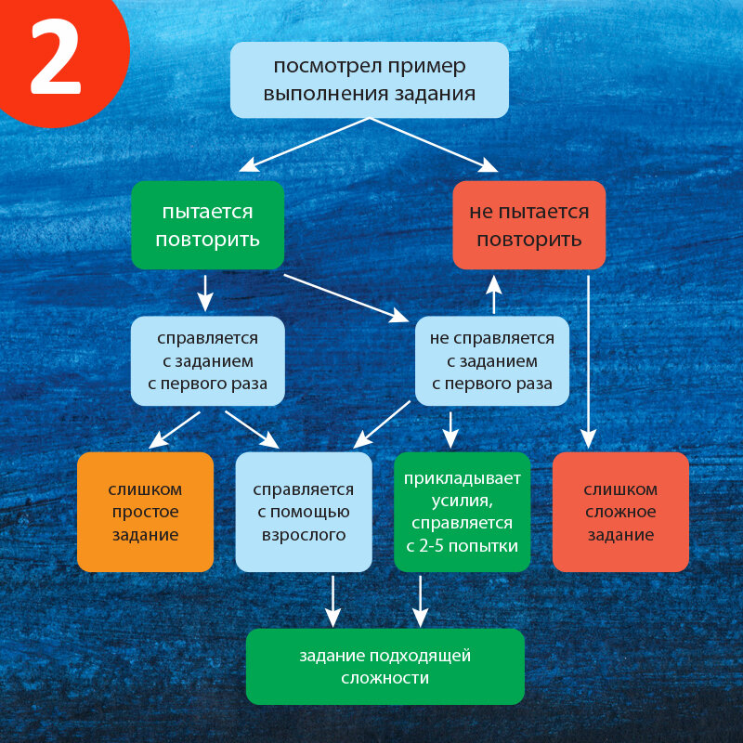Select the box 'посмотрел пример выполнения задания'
tap(369, 80)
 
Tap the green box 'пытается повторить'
tap(207, 225)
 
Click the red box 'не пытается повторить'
tap(528, 225)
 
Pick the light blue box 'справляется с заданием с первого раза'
tap(207, 360)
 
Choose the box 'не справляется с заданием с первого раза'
tap(491, 360)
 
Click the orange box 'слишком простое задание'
tap(145, 512)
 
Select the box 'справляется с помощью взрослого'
tap(303, 512)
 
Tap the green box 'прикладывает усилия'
tap(462, 512)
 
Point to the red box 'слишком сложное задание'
tap(620, 512)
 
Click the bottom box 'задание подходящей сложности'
tap(385, 666)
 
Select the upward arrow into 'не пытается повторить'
tap(493, 295)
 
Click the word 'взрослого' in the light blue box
tap(303, 535)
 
